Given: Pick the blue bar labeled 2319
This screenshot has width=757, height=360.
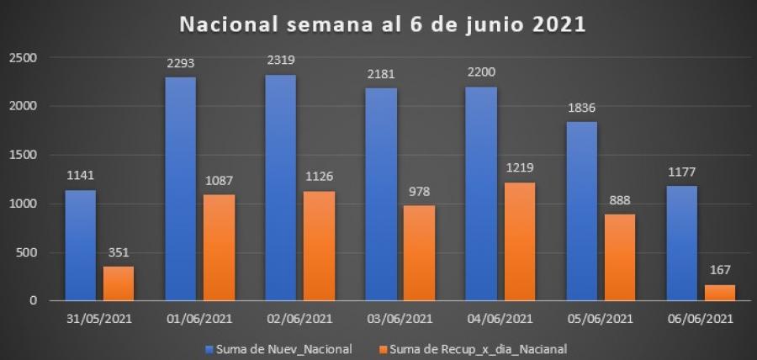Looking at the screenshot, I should [281, 188].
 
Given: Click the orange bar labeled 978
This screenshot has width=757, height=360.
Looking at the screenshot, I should [419, 252].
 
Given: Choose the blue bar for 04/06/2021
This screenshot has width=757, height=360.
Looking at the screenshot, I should [482, 193].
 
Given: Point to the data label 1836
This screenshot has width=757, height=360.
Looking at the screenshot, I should [582, 109].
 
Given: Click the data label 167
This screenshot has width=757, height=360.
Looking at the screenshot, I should [721, 270].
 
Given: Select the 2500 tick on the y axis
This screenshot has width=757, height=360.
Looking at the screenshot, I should [25, 57].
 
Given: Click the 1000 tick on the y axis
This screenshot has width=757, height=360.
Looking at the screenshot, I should [25, 204].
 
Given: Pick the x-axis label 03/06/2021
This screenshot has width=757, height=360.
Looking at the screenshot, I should [400, 320].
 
